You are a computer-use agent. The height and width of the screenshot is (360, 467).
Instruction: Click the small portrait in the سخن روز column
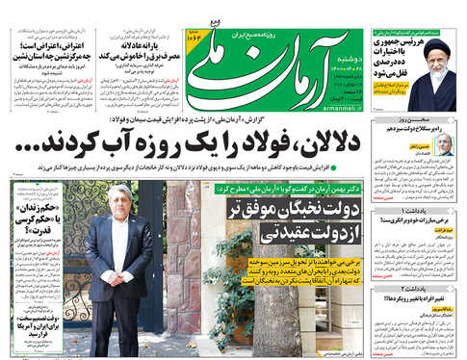click(x=444, y=144)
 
